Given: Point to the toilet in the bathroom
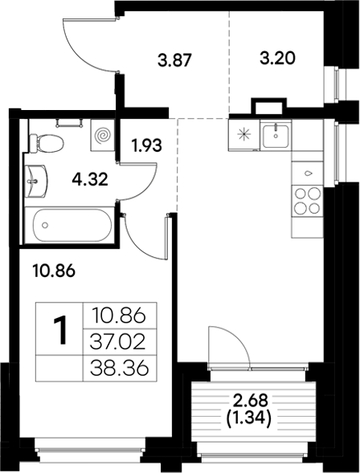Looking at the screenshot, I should pos(47,142).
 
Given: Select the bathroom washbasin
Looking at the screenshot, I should pos(35,181).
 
